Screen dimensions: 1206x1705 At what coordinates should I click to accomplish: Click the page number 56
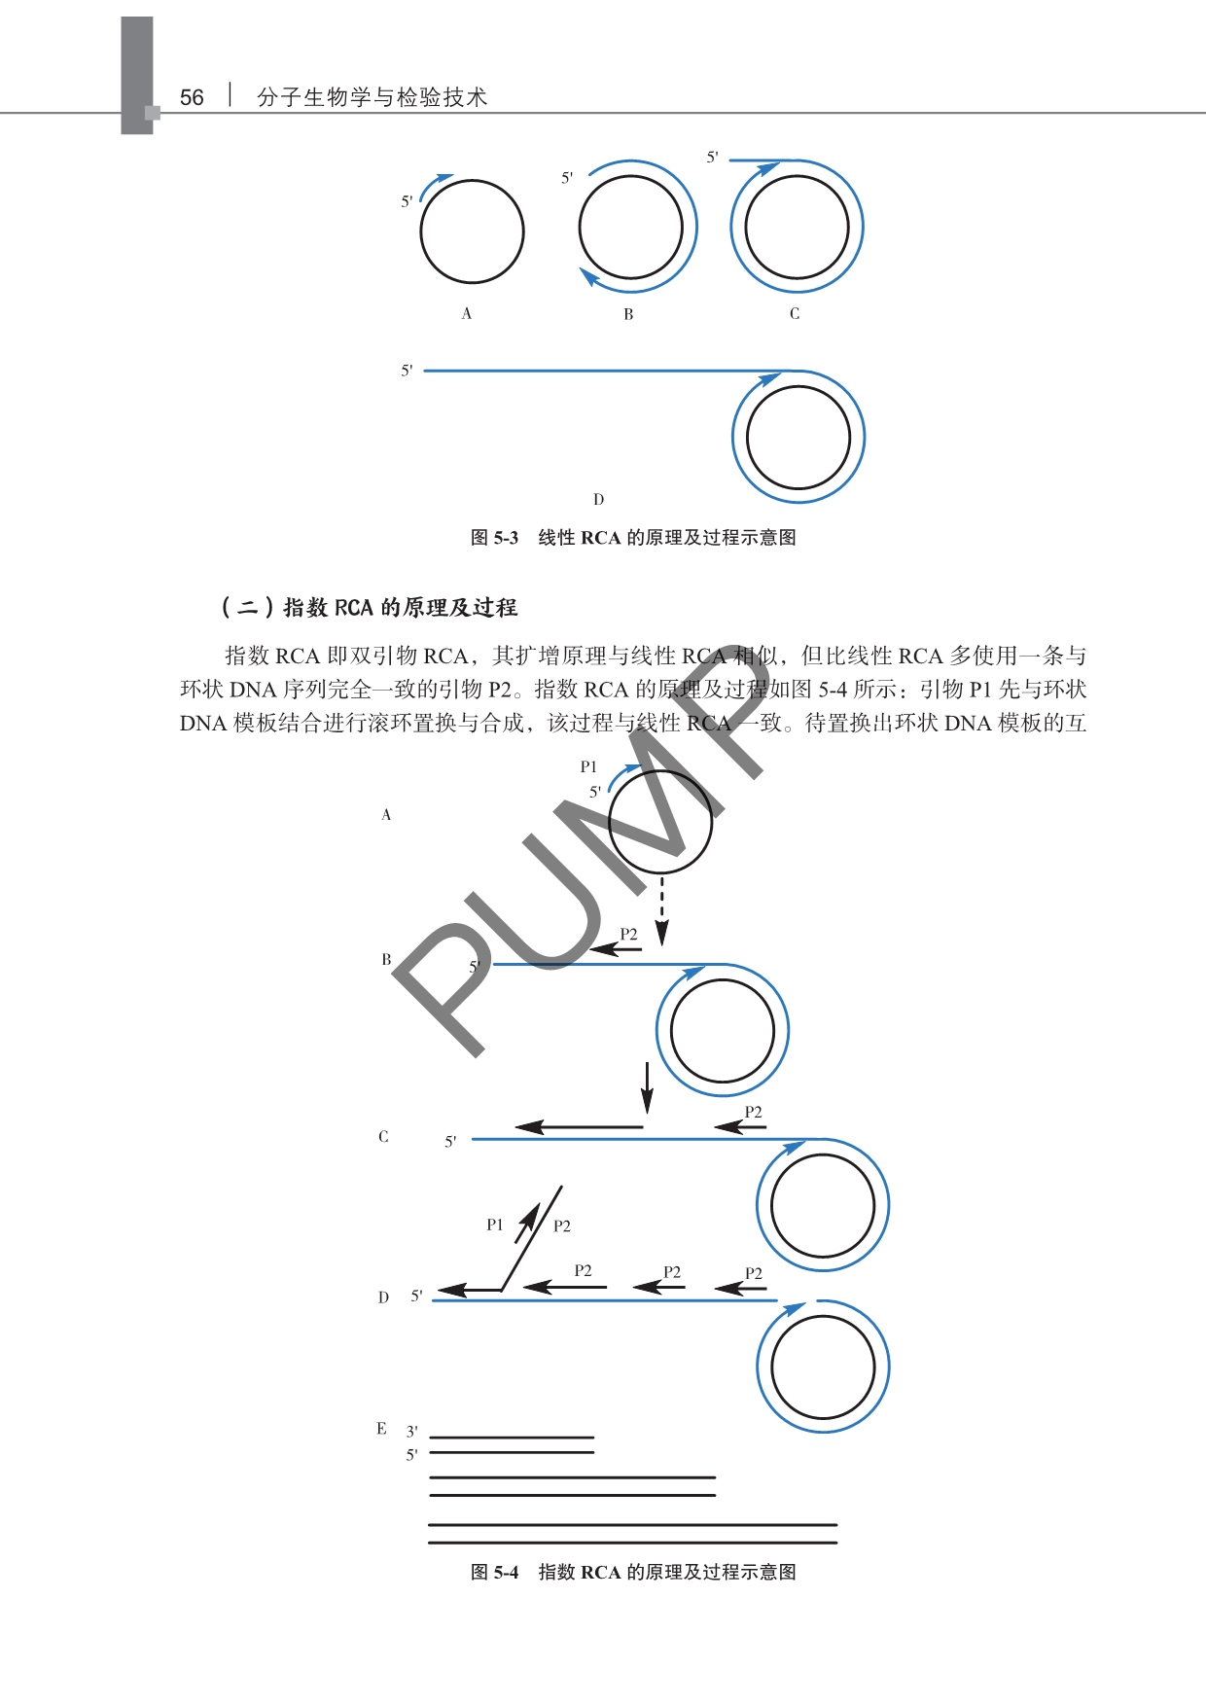click(x=192, y=97)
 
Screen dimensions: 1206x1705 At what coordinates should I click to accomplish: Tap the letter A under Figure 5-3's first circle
click(x=467, y=313)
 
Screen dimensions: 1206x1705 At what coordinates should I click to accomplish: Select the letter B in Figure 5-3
click(x=628, y=314)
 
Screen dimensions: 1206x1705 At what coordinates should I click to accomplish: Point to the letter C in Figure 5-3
click(x=795, y=313)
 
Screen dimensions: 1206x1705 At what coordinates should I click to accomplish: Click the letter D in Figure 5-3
click(x=598, y=499)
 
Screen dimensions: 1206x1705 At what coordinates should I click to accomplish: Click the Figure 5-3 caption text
click(x=633, y=538)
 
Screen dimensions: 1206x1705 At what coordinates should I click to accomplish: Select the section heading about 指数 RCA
click(x=370, y=608)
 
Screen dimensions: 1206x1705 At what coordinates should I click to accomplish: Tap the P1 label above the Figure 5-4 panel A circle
click(x=588, y=767)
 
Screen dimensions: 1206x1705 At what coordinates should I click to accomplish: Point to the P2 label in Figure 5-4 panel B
click(x=629, y=934)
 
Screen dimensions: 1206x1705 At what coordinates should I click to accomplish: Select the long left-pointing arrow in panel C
click(x=579, y=1127)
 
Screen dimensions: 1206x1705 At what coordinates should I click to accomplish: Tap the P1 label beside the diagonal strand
click(x=495, y=1225)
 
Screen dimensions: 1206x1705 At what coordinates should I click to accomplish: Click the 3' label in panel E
click(x=412, y=1432)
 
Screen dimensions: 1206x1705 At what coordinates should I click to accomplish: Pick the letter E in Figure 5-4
click(x=382, y=1429)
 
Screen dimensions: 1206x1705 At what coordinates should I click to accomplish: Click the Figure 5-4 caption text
click(x=633, y=1573)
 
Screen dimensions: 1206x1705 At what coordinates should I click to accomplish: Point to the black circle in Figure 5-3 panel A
click(x=472, y=181)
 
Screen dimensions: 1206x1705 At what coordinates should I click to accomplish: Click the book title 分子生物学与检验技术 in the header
click(x=372, y=97)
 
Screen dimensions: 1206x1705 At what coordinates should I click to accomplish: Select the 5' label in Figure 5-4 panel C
click(x=450, y=1142)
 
